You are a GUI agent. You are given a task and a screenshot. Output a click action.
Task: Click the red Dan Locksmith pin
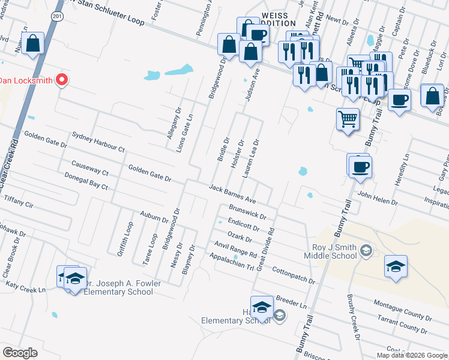(x=61, y=80)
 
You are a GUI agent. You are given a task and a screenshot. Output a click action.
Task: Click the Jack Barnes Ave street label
(x=233, y=194)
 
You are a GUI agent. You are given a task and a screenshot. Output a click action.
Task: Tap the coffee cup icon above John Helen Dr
(x=360, y=166)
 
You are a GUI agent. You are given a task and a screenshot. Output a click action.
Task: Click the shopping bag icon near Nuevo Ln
(x=33, y=44)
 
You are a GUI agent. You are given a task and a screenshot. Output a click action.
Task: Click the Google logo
(x=20, y=352)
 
